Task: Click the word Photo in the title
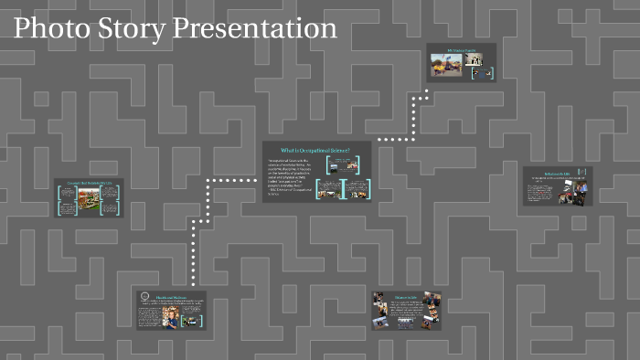click(x=50, y=28)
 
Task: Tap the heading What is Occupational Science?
click(x=316, y=149)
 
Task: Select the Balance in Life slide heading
click(x=406, y=296)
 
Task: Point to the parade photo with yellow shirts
click(x=447, y=61)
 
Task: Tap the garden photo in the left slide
click(x=88, y=202)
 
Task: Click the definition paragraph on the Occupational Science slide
click(x=292, y=178)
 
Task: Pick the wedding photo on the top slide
click(x=473, y=59)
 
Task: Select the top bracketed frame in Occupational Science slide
click(x=346, y=164)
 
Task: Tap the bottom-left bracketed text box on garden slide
click(x=65, y=206)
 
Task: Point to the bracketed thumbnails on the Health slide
click(x=191, y=320)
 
